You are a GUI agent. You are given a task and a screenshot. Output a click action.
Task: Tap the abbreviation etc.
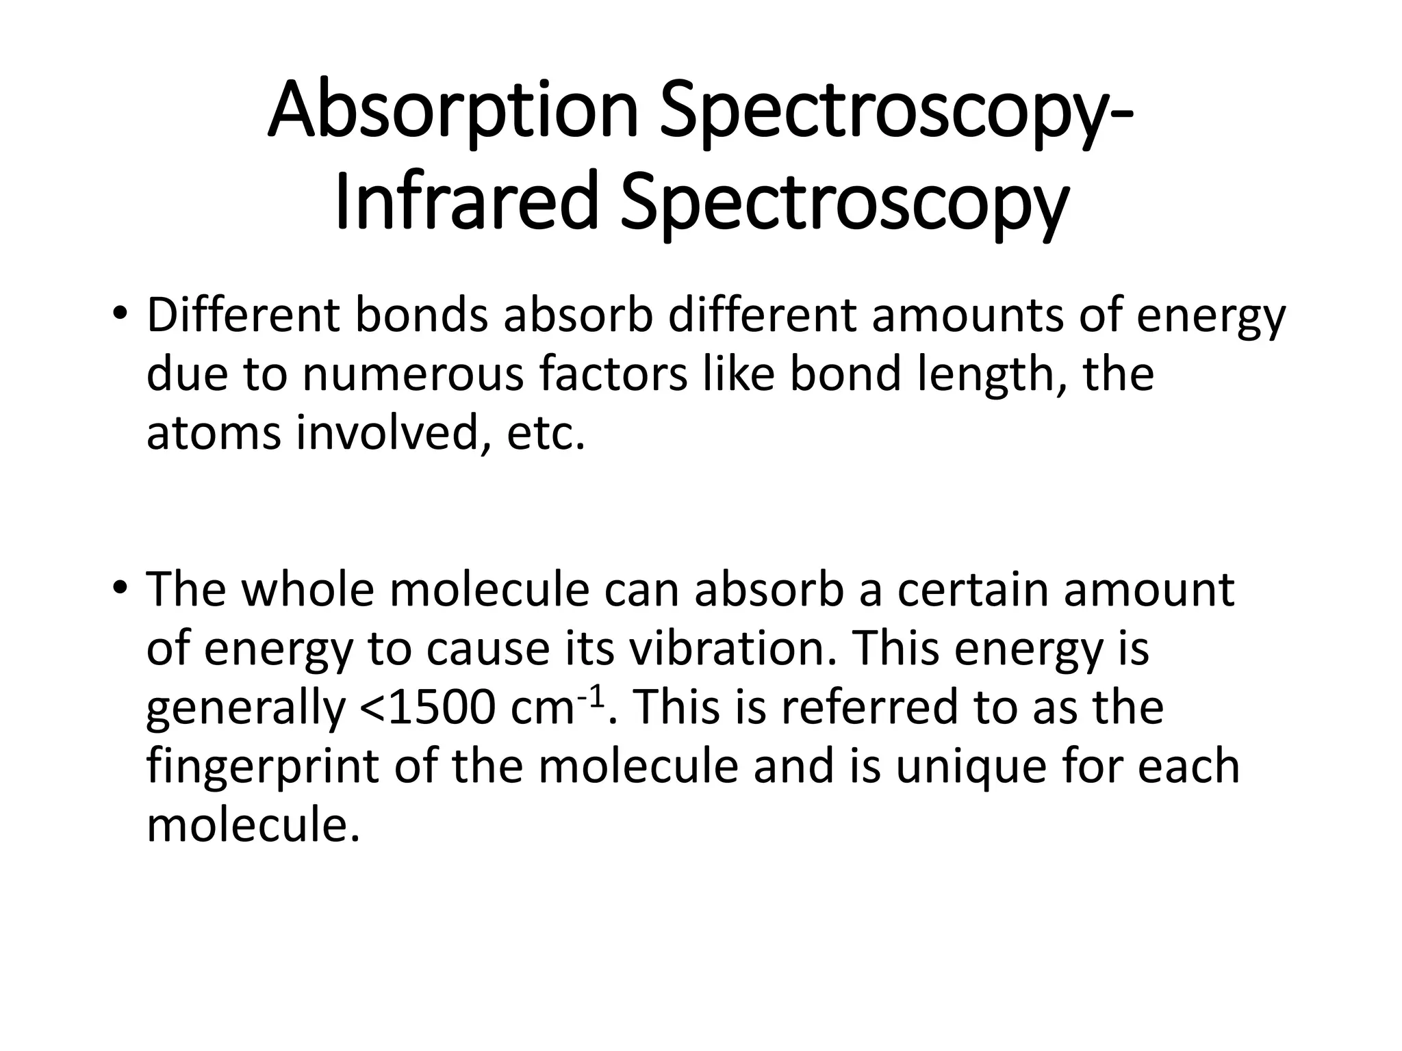click(x=546, y=434)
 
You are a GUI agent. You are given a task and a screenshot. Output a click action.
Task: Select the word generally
click(x=246, y=709)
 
